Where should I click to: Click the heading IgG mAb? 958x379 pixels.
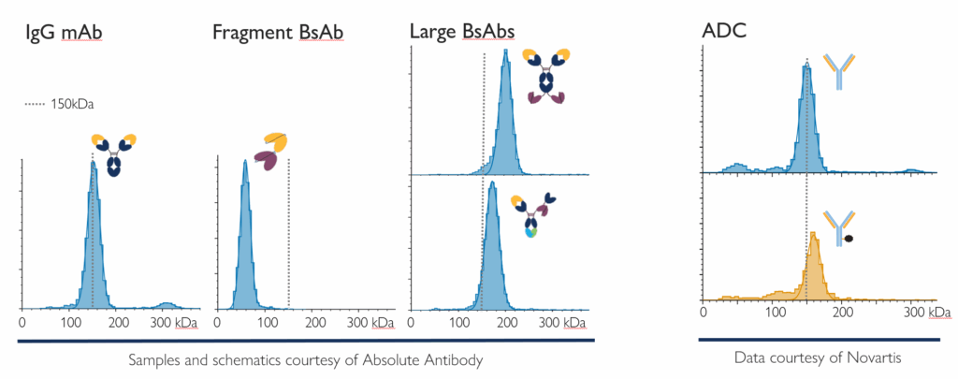[x=64, y=34]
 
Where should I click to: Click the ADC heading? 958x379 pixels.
[x=724, y=34]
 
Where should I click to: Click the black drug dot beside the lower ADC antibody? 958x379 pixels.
[x=849, y=239]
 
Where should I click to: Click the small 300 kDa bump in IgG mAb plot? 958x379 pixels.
[x=167, y=304]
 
